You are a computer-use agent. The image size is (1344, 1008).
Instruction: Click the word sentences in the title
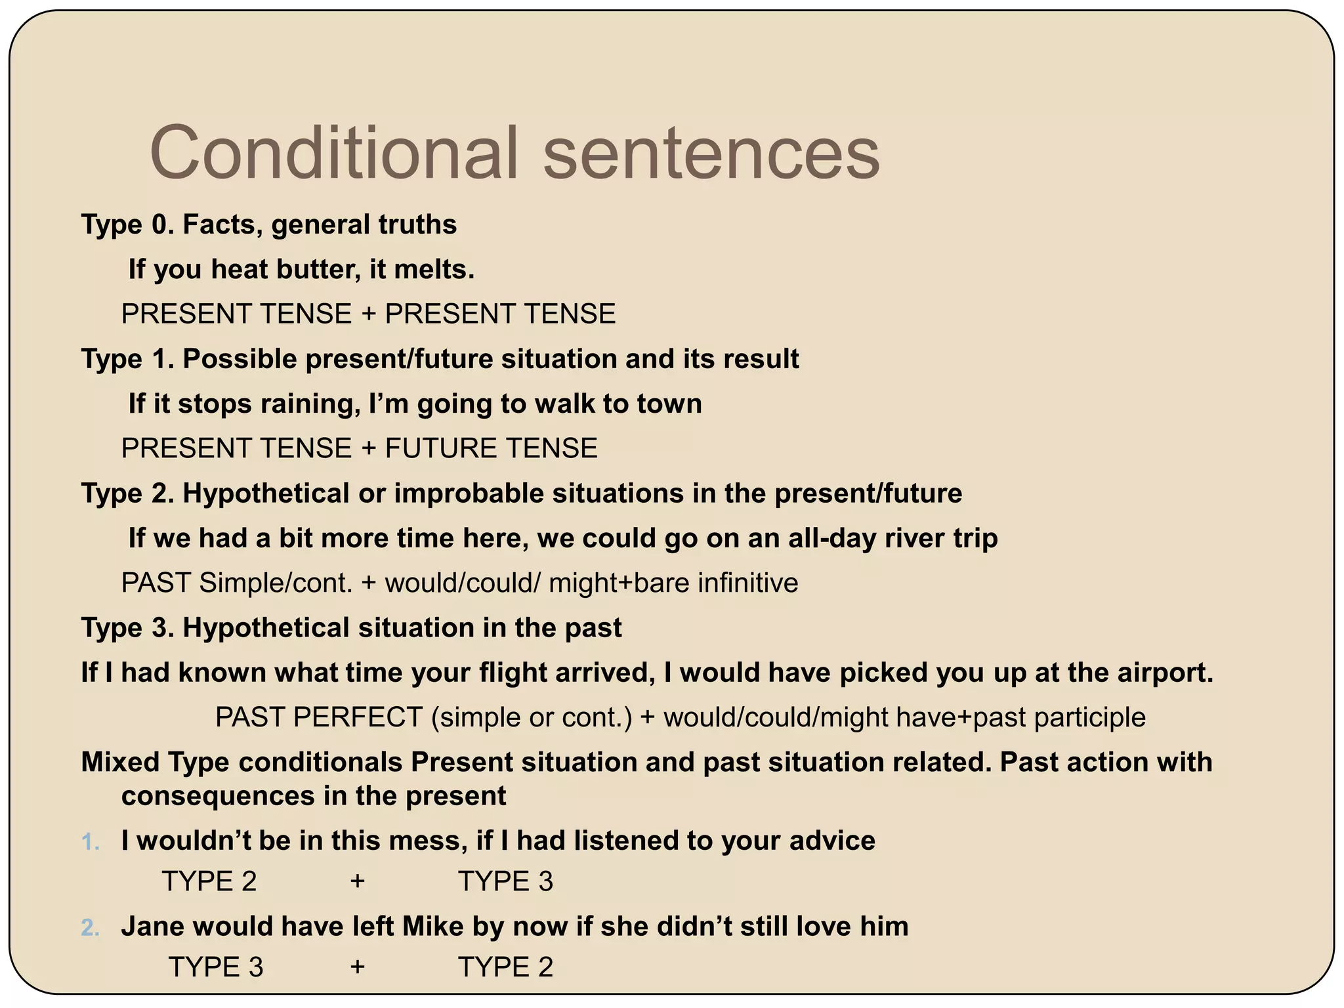711,154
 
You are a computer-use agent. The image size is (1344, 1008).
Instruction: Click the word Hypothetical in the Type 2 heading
266,493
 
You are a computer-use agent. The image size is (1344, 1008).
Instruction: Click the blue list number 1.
91,842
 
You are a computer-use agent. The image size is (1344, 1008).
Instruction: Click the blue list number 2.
91,928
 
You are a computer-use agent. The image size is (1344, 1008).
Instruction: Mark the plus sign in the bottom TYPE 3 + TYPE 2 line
357,967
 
